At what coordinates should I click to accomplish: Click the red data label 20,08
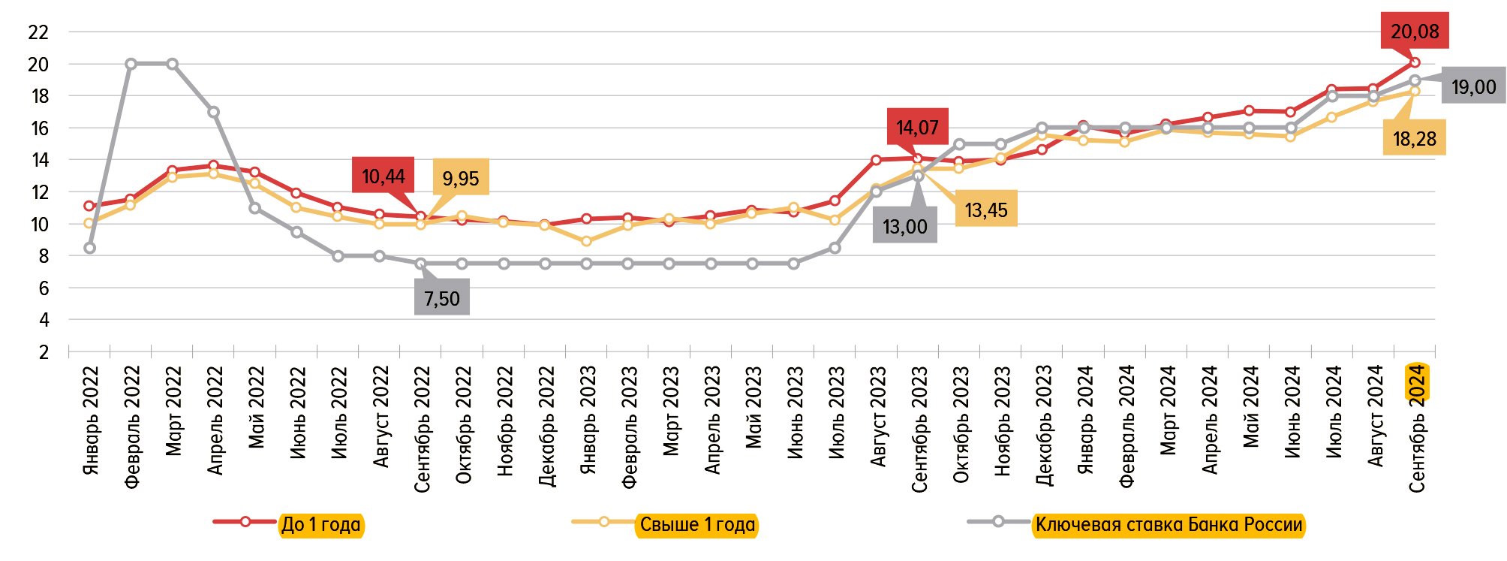(x=1415, y=32)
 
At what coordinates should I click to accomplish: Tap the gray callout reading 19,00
(x=1473, y=87)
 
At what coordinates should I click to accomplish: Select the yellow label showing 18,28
(x=1414, y=139)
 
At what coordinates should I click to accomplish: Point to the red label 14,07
(x=917, y=128)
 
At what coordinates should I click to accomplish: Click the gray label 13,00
(x=904, y=226)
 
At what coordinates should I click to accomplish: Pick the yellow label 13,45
(x=986, y=210)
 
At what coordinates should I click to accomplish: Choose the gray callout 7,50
(x=441, y=298)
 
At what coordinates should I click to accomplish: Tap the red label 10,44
(x=383, y=176)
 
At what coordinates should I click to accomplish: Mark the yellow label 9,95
(x=460, y=178)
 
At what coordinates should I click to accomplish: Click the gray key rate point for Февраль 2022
(x=131, y=64)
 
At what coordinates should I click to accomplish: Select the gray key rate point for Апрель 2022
(x=214, y=112)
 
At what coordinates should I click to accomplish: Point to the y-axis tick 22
(x=38, y=32)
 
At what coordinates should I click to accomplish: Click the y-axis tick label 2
(x=44, y=352)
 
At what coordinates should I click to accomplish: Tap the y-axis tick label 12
(x=38, y=192)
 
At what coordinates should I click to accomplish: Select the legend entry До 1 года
(x=320, y=524)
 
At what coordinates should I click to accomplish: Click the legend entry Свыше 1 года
(x=697, y=524)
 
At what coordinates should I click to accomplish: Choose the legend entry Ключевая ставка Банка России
(x=1168, y=524)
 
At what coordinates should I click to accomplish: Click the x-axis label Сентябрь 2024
(x=1417, y=428)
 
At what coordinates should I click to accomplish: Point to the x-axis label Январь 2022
(x=91, y=421)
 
